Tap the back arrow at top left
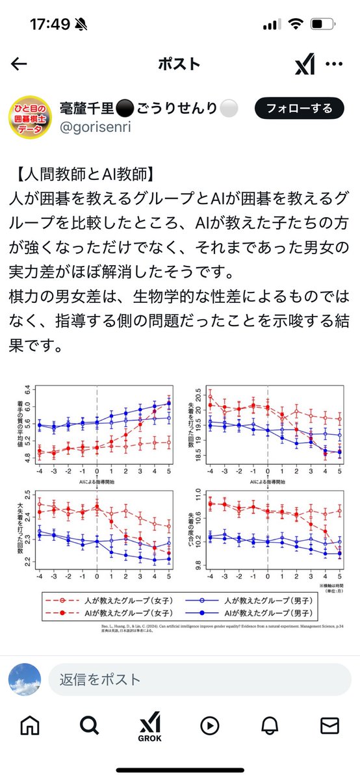coord(19,64)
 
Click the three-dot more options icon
coord(334,64)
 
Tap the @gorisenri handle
coord(96,127)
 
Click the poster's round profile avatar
coord(29,118)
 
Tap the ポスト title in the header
coord(179,64)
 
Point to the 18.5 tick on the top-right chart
coord(197,458)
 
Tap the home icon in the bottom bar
coord(29,725)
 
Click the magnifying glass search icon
coord(89,725)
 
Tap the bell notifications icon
coord(270,725)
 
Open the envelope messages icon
coord(330,725)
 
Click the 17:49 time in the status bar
coord(49,24)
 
